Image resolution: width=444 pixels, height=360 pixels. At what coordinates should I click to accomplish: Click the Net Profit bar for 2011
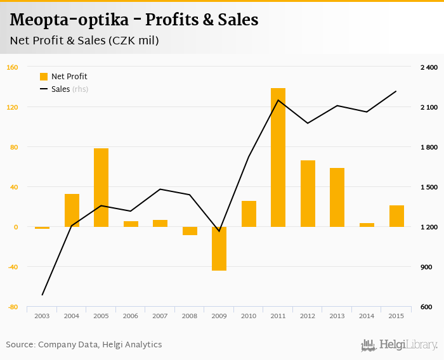tap(278, 157)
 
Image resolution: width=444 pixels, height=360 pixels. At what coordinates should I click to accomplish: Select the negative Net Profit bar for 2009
tap(219, 248)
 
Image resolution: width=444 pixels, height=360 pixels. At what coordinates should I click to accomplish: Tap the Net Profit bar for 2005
tap(101, 188)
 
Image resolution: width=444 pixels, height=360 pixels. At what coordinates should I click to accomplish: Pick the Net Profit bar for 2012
tap(308, 193)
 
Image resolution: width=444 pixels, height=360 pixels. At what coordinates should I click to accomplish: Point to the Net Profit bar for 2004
tap(72, 210)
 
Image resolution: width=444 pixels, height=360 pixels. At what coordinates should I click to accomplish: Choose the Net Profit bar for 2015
tap(396, 216)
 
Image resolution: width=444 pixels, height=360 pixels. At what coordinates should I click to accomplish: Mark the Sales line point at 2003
tap(42, 295)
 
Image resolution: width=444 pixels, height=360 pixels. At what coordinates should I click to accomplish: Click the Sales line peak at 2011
tap(278, 100)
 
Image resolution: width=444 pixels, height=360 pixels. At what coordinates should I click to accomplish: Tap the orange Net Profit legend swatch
tap(44, 77)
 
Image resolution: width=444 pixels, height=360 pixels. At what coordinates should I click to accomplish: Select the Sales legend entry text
tap(61, 89)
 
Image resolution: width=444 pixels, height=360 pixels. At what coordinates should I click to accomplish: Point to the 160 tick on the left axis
tap(12, 67)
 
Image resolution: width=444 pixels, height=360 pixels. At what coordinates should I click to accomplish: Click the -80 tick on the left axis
tap(12, 307)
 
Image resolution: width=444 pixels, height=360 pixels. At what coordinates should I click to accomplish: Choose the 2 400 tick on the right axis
tap(429, 67)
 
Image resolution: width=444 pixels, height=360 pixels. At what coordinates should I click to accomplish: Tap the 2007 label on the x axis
tap(160, 316)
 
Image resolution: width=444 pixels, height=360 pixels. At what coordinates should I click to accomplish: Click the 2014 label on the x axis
tap(367, 316)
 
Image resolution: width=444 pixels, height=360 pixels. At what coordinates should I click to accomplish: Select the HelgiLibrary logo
tap(399, 345)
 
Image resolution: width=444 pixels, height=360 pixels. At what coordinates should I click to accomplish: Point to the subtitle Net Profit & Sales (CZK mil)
tap(84, 41)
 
